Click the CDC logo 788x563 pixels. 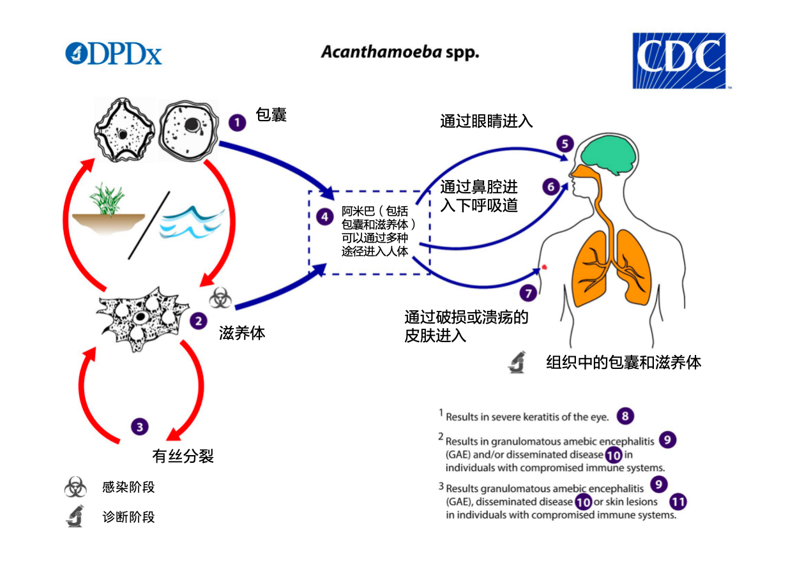pyautogui.click(x=679, y=61)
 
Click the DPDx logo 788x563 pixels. pyautogui.click(x=114, y=54)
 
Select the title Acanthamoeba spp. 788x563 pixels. pyautogui.click(x=400, y=52)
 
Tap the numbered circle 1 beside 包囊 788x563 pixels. pyautogui.click(x=237, y=122)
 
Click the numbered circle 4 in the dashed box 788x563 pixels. pyautogui.click(x=324, y=217)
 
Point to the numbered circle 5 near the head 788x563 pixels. pyautogui.click(x=564, y=144)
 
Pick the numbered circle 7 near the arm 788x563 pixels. pyautogui.click(x=527, y=293)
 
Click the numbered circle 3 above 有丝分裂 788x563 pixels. pyautogui.click(x=140, y=426)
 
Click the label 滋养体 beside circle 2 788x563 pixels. pyautogui.click(x=242, y=333)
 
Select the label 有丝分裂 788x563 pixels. pyautogui.click(x=183, y=456)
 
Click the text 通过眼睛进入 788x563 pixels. pyautogui.click(x=486, y=121)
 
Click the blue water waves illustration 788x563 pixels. pyautogui.click(x=192, y=223)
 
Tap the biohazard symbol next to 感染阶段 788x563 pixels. pyautogui.click(x=75, y=488)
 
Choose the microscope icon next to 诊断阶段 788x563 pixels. pyautogui.click(x=75, y=516)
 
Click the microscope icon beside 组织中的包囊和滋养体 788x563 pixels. pyautogui.click(x=517, y=362)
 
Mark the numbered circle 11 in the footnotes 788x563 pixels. pyautogui.click(x=678, y=502)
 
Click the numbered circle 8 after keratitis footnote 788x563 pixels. pyautogui.click(x=625, y=416)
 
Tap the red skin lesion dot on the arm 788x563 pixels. pyautogui.click(x=544, y=267)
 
